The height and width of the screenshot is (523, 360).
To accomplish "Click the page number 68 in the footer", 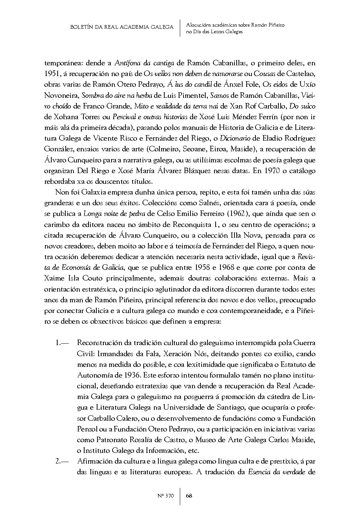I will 189,496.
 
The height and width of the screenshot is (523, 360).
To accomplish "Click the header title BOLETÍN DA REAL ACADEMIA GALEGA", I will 121,27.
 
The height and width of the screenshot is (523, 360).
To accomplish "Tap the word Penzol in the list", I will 88,429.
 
